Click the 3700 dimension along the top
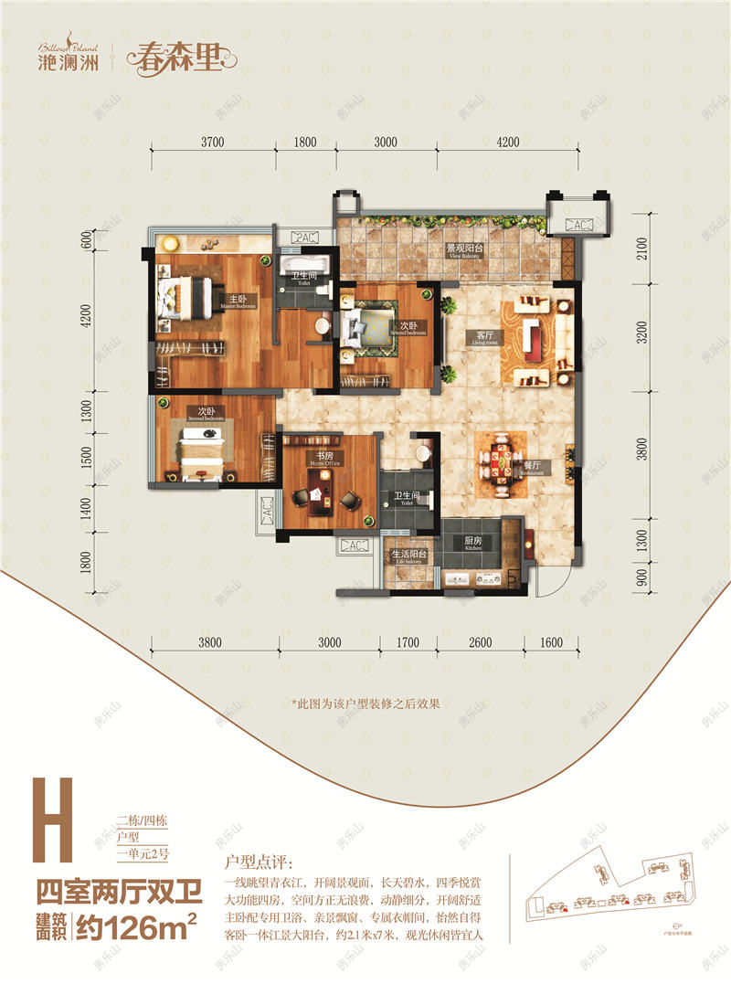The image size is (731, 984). click(x=212, y=142)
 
